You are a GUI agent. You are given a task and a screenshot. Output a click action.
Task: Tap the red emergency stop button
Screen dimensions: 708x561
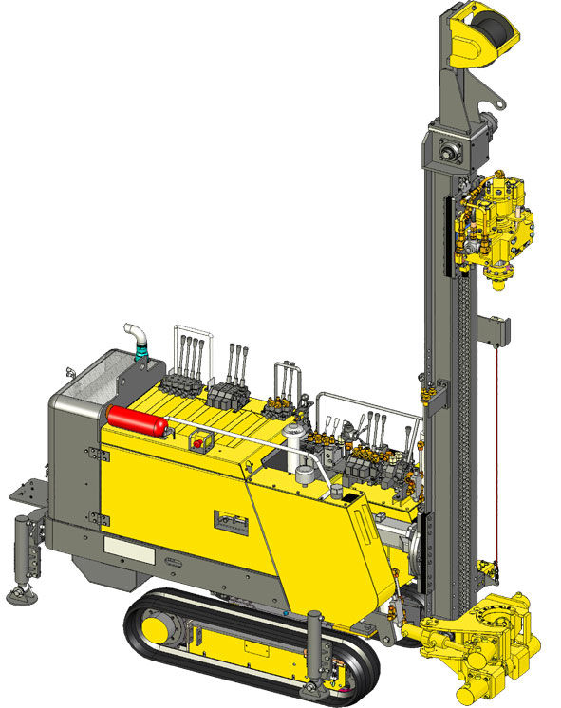coord(199,442)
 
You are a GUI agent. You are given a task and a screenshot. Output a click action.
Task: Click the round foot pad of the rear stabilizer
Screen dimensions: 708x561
coord(19,595)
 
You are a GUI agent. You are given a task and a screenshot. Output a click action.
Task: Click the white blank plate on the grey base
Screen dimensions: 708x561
coord(123,548)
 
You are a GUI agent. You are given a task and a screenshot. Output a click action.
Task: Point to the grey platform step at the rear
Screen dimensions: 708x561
coord(27,493)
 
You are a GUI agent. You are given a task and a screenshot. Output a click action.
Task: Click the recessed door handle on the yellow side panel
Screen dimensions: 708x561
coord(229,521)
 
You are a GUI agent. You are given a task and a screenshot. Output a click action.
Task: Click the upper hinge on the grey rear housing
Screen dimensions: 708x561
coord(92,456)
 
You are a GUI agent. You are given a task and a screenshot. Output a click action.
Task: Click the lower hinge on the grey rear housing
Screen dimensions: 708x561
coord(93,516)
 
